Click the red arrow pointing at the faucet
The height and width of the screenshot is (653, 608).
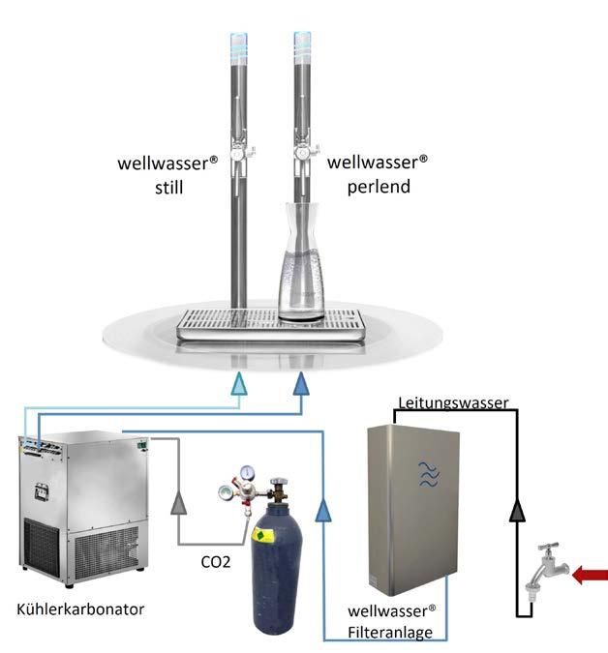pos(590,578)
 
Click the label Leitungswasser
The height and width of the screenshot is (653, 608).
pos(453,403)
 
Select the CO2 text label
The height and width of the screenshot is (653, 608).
pos(215,561)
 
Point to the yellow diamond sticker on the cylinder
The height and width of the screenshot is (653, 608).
pos(260,535)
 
